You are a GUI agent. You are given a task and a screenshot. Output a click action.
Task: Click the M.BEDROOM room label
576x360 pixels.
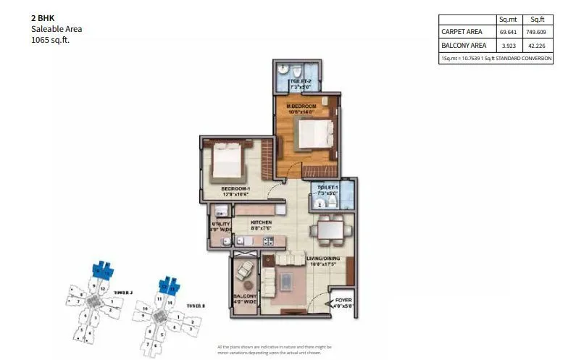[301, 106]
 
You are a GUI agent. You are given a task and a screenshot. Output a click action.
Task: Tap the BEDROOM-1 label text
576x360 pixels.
[235, 190]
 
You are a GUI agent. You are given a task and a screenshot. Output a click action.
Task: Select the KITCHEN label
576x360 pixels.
[262, 223]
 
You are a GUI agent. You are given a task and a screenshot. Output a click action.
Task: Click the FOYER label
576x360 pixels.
[344, 299]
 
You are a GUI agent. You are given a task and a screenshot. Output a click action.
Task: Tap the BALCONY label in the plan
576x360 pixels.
[243, 298]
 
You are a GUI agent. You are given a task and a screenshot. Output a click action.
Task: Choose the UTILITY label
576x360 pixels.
[220, 225]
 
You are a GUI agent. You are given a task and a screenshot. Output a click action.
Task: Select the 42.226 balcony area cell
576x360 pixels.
[538, 46]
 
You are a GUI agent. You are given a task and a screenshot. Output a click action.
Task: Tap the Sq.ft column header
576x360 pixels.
[538, 20]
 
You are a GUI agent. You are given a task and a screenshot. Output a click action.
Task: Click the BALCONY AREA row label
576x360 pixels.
[463, 46]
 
